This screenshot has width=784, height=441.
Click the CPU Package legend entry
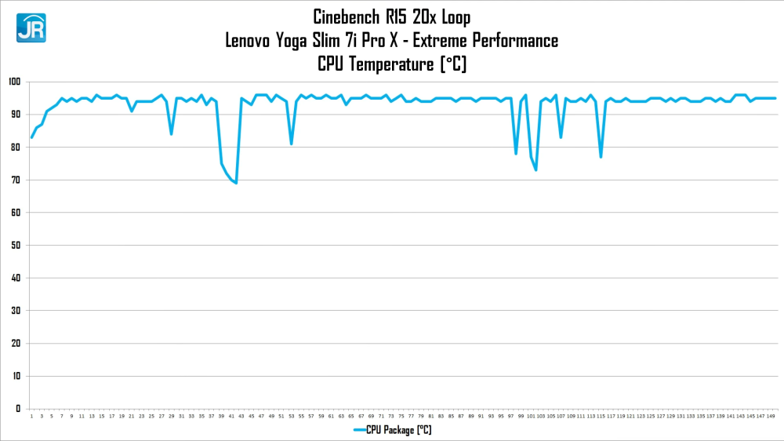[392, 430]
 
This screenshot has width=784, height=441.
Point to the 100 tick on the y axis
[14, 82]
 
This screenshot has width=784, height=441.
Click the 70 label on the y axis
[16, 180]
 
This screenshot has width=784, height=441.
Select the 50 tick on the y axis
[16, 245]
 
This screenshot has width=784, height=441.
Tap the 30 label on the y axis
[16, 311]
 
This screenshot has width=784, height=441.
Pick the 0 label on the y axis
[18, 409]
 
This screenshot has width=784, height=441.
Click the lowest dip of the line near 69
[236, 183]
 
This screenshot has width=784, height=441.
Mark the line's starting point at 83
[32, 137]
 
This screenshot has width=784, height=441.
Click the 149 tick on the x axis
[771, 416]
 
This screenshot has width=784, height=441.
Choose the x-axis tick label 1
[31, 416]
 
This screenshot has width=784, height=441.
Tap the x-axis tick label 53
[291, 416]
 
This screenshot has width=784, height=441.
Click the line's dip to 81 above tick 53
[292, 144]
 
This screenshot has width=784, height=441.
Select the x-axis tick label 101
[531, 416]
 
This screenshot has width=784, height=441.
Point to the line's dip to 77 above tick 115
[601, 157]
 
